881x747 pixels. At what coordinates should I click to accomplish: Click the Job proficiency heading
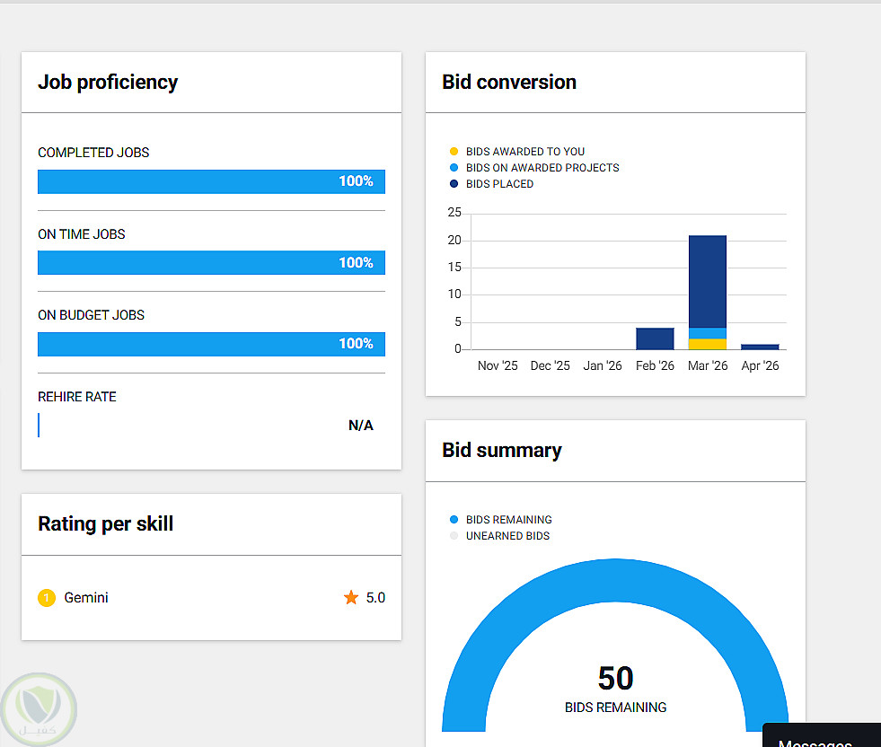pyautogui.click(x=108, y=83)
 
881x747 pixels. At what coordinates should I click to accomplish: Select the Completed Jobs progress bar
pyautogui.click(x=211, y=181)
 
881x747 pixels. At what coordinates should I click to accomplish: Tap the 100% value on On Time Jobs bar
pyautogui.click(x=356, y=263)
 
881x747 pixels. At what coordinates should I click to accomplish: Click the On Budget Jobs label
pyautogui.click(x=91, y=315)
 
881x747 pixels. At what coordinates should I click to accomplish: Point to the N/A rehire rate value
pyautogui.click(x=360, y=426)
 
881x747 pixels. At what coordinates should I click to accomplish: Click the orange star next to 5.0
pyautogui.click(x=351, y=597)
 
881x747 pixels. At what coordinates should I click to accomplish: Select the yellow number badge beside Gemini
pyautogui.click(x=47, y=597)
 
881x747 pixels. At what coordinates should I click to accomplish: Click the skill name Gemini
pyautogui.click(x=86, y=597)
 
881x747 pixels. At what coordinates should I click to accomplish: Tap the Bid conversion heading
pyautogui.click(x=509, y=83)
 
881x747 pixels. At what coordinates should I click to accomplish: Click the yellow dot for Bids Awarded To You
pyautogui.click(x=454, y=152)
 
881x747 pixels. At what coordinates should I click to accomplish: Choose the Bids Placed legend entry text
pyautogui.click(x=499, y=184)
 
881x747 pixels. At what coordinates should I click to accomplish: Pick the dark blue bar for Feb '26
pyautogui.click(x=655, y=338)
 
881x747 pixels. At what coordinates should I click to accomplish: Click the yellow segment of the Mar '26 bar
pyautogui.click(x=708, y=344)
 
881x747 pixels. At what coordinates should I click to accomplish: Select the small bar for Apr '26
pyautogui.click(x=760, y=347)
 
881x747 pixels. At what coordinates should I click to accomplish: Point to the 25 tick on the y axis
pyautogui.click(x=454, y=213)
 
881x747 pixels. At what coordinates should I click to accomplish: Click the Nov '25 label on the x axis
pyautogui.click(x=498, y=366)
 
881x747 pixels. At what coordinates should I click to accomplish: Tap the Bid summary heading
pyautogui.click(x=502, y=451)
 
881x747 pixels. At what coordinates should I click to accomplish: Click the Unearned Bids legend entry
pyautogui.click(x=507, y=536)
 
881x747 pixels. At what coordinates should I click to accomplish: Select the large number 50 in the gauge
pyautogui.click(x=615, y=678)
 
